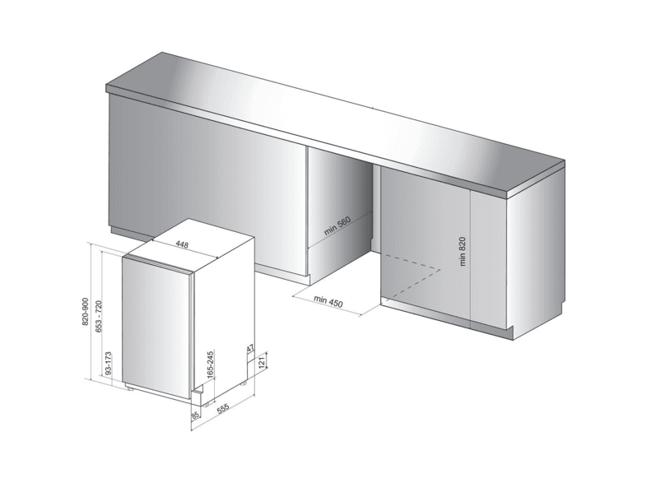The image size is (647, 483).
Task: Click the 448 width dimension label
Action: point(182,245)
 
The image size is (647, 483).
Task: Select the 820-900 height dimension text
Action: point(86,311)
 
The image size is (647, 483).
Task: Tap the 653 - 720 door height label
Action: point(99,316)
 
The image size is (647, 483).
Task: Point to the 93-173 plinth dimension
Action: point(108,363)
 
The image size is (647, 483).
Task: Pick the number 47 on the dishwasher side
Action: point(250,349)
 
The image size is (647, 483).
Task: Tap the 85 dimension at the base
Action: point(196,415)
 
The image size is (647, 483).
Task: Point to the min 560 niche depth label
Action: point(337,225)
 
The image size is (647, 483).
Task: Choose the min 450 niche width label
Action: point(328,301)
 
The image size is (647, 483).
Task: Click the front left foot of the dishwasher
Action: point(129,388)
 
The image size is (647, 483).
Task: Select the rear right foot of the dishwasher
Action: point(243,383)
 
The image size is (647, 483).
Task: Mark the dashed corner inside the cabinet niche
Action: point(440,270)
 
